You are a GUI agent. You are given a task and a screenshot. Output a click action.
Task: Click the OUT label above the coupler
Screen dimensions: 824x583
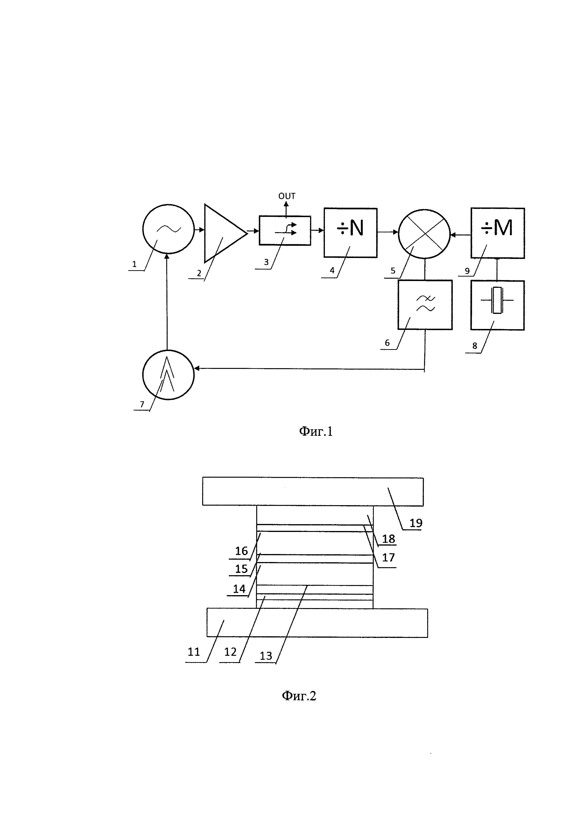click(287, 196)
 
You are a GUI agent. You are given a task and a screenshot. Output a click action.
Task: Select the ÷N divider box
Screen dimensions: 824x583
click(350, 233)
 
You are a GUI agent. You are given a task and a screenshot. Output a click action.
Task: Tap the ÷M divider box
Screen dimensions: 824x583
click(498, 233)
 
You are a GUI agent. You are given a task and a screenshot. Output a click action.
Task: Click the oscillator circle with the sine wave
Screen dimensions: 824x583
click(168, 229)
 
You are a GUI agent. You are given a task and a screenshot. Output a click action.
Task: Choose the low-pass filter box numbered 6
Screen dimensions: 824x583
click(425, 305)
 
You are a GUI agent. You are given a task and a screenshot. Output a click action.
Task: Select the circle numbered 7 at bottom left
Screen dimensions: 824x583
click(168, 375)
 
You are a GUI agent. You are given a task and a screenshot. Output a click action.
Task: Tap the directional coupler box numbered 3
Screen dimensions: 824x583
click(285, 230)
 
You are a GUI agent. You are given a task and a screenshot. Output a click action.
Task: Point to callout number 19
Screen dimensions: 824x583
click(416, 523)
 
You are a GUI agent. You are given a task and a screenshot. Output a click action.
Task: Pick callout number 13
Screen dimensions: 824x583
click(266, 656)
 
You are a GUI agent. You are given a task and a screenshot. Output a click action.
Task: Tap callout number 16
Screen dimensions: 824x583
click(241, 551)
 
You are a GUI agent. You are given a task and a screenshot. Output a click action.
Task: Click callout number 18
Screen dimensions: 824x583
click(388, 539)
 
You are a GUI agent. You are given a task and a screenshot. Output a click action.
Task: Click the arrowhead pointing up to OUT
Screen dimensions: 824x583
click(286, 204)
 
